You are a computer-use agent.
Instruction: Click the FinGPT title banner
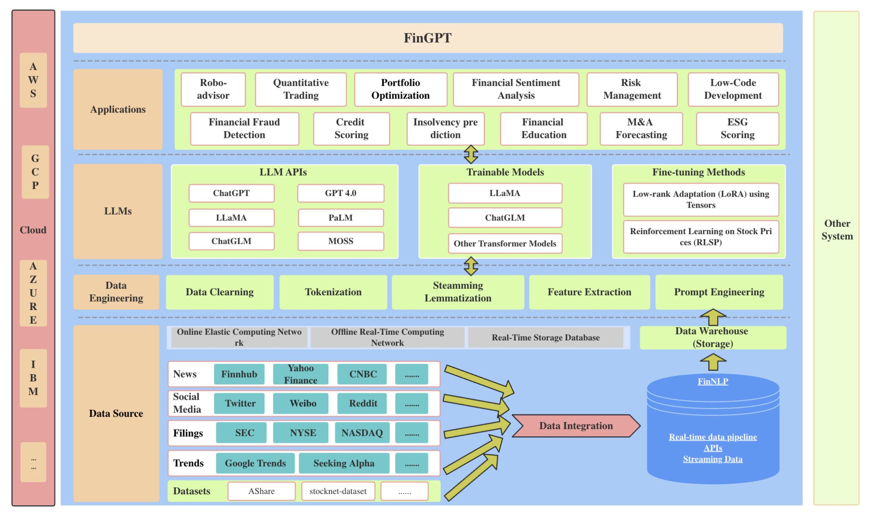[x=428, y=38]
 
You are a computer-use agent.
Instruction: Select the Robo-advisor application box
[x=213, y=89]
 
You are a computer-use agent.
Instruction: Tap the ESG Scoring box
[x=737, y=129]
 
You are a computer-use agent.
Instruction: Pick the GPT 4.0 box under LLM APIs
[x=341, y=193]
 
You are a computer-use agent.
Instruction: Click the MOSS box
[x=341, y=241]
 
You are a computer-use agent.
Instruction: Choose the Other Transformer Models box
[x=505, y=243]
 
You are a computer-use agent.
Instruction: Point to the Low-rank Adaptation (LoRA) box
[x=701, y=199]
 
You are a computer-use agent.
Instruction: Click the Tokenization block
[x=333, y=292]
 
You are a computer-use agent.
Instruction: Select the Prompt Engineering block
[x=719, y=292]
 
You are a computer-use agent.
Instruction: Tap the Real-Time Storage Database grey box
[x=545, y=337]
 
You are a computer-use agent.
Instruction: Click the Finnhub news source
[x=239, y=374]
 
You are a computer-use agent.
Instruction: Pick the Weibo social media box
[x=303, y=403]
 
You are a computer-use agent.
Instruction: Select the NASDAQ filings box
[x=362, y=433]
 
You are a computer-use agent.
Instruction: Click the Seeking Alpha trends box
[x=344, y=463]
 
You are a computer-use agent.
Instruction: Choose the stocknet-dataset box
[x=338, y=491]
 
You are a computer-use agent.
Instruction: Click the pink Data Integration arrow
[x=575, y=426]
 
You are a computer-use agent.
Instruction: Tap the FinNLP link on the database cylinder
[x=713, y=381]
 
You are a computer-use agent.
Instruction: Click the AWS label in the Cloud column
[x=33, y=80]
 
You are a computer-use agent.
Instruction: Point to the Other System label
[x=836, y=230]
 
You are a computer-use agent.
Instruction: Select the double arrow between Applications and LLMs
[x=471, y=154]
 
